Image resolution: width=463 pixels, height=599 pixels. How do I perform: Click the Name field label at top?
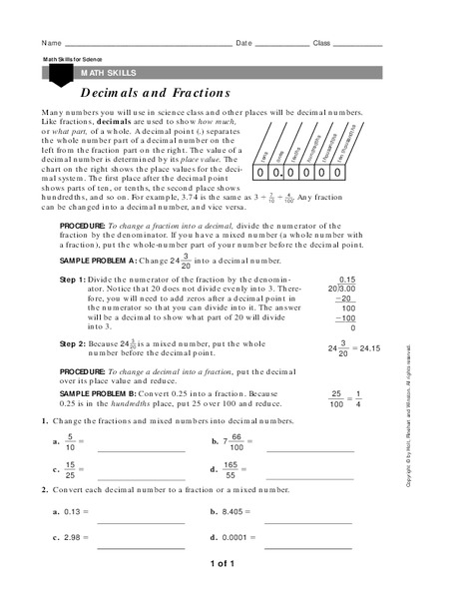(x=51, y=44)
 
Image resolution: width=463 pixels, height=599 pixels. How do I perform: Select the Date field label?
(x=244, y=44)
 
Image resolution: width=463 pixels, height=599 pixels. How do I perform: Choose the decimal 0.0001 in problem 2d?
(x=239, y=538)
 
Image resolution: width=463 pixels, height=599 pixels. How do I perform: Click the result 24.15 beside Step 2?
(x=371, y=349)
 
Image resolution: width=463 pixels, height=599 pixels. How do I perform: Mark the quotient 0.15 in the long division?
(x=347, y=279)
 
